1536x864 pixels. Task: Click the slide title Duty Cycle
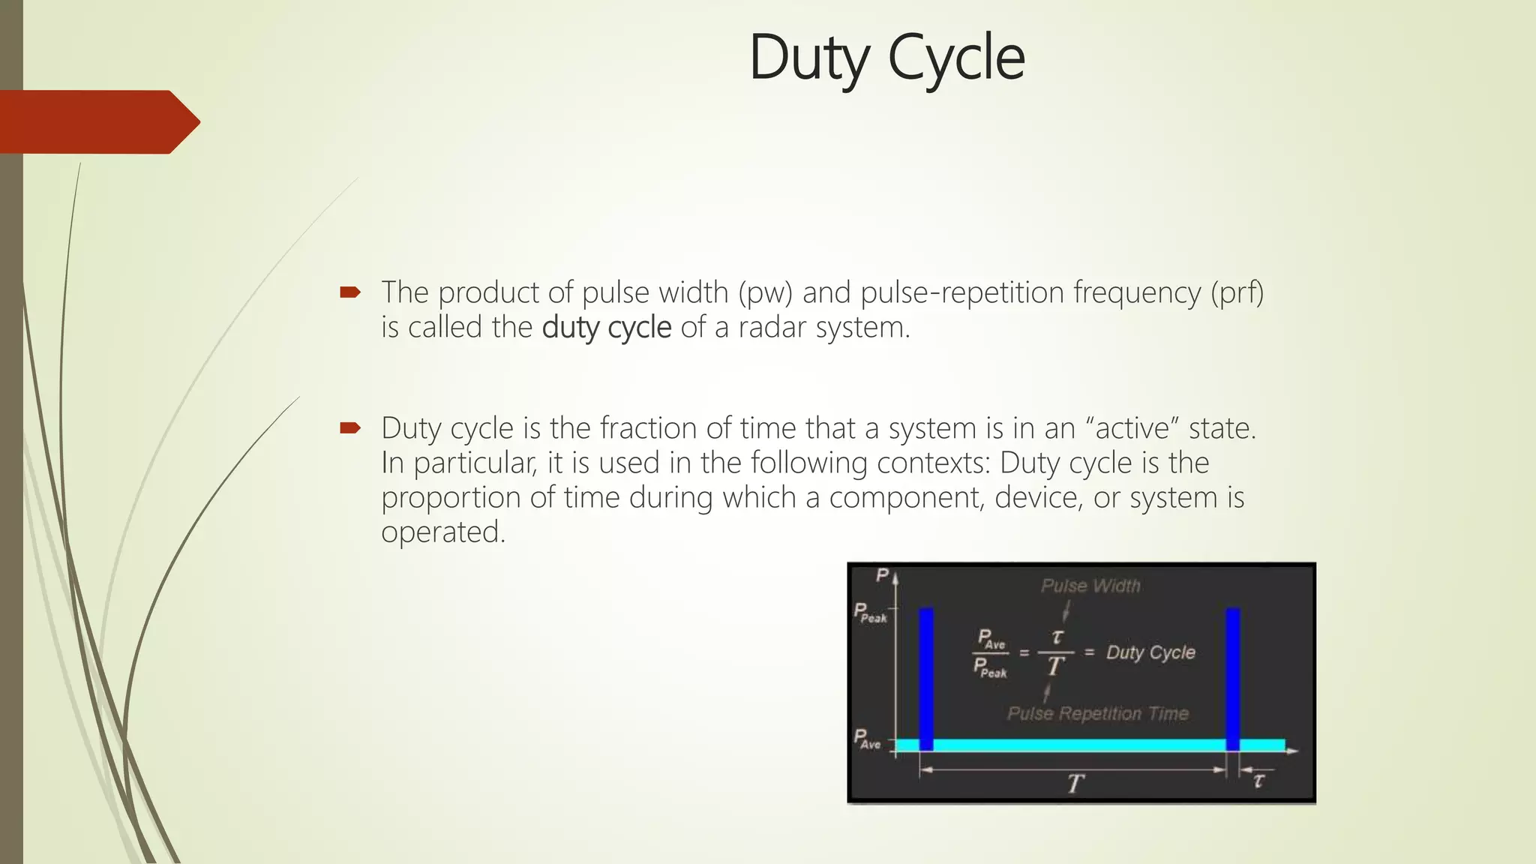coord(886,58)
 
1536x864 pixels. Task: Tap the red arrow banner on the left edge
coord(97,121)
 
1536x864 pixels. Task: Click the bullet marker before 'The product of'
coord(350,292)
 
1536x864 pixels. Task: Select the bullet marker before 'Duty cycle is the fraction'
coord(350,428)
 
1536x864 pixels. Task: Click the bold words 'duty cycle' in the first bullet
coord(607,328)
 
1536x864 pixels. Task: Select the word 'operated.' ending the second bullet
coord(443,532)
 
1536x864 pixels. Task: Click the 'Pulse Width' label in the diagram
coord(1090,586)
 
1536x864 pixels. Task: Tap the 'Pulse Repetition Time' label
coord(1097,713)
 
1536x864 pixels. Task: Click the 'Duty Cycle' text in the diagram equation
coord(1150,652)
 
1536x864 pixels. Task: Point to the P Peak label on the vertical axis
coord(870,613)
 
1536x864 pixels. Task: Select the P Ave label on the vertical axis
coord(868,739)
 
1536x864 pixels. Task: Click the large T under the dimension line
coord(1075,784)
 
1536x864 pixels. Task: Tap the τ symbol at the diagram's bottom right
coord(1258,781)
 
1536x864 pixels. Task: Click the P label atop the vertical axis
coord(883,575)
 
